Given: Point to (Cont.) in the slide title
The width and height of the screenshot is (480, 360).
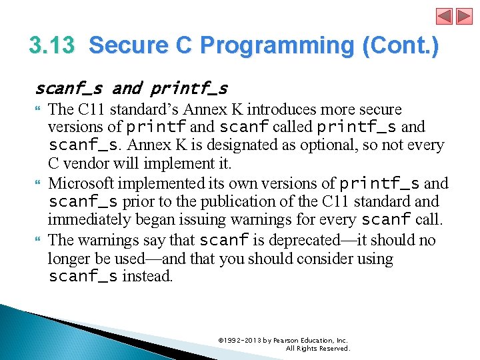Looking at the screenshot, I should (401, 46).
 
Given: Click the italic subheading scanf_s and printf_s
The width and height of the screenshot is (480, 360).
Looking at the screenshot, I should (131, 88).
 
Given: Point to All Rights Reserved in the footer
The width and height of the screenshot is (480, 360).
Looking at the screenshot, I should (317, 349).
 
